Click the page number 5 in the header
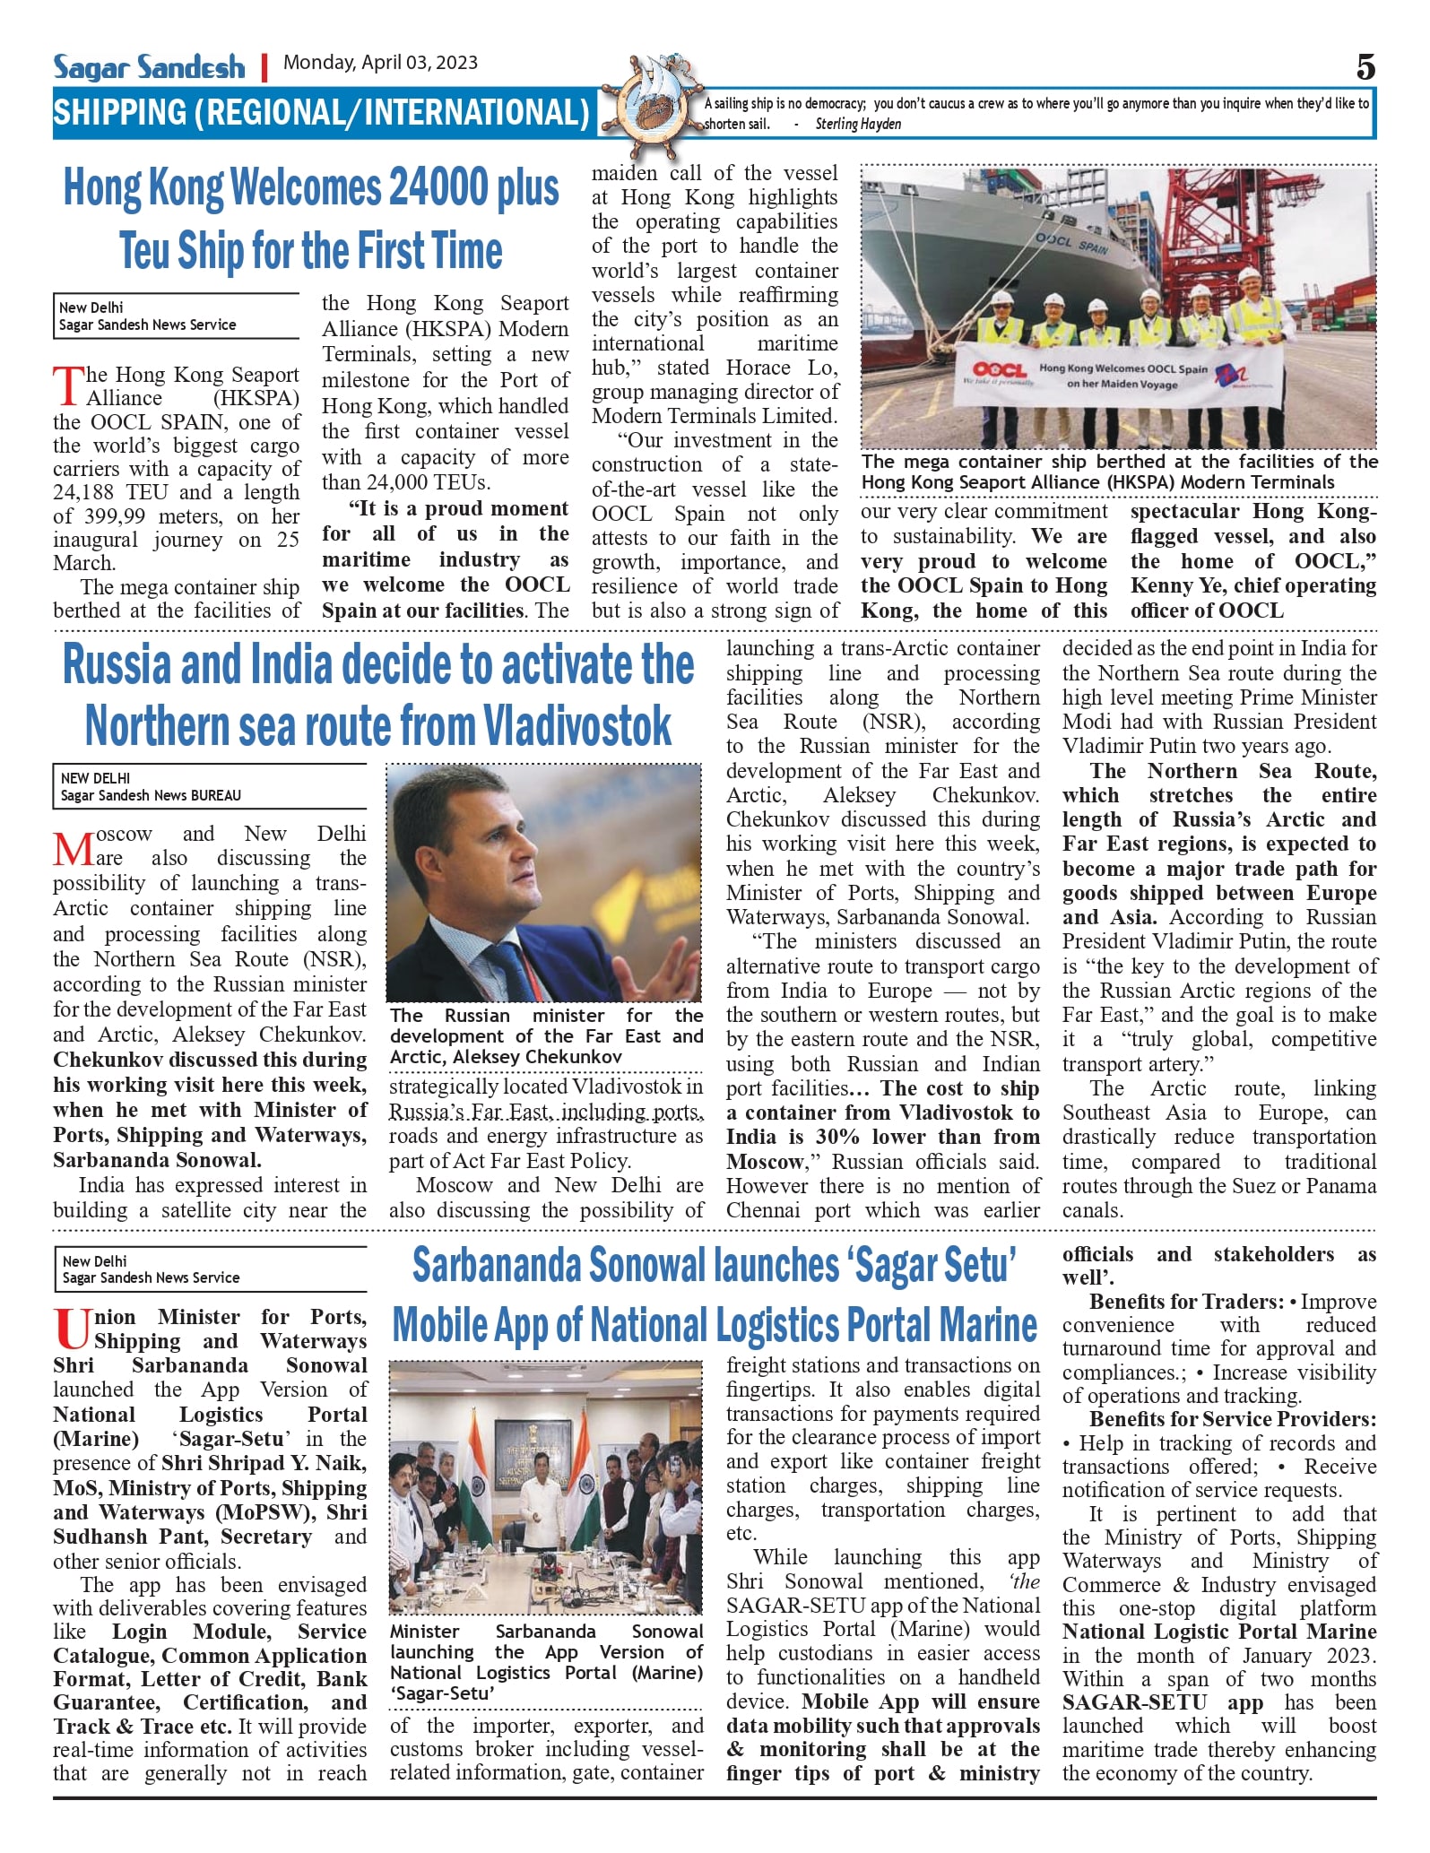[x=1365, y=67]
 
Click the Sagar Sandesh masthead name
[x=149, y=66]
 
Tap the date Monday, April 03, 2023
[x=380, y=63]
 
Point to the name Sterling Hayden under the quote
[x=857, y=125]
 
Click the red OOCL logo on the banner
[x=999, y=369]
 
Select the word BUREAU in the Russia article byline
[x=212, y=795]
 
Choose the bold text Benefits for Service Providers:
[x=1233, y=1419]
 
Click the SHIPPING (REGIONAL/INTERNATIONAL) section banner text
[x=321, y=113]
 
